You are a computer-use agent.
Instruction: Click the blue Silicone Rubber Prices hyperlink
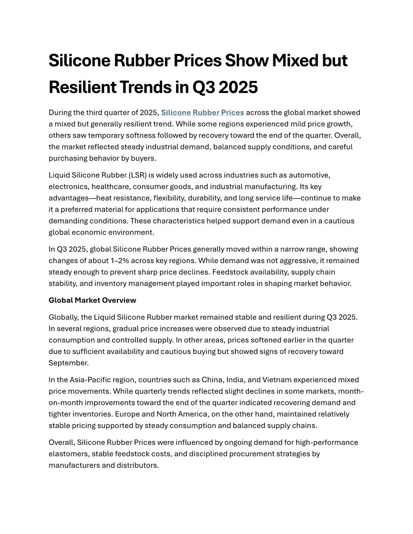click(x=202, y=112)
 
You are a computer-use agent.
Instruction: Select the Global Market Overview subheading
click(x=92, y=300)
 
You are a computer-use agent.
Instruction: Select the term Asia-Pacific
click(x=84, y=379)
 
